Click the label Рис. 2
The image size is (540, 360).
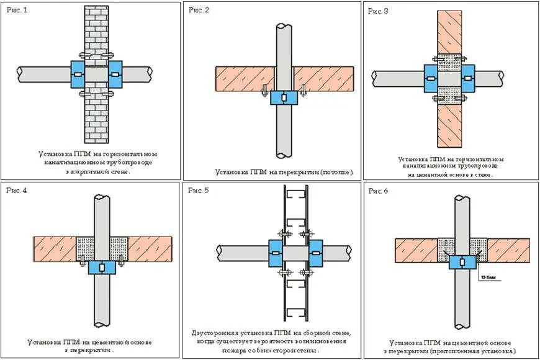point(199,10)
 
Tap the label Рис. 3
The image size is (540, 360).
point(379,12)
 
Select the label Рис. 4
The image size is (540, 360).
point(17,191)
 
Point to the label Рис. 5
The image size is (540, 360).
point(199,190)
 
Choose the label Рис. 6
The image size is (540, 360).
point(379,191)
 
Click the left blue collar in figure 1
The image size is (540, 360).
point(78,74)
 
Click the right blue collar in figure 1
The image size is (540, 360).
point(115,74)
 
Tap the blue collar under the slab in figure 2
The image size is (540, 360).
point(283,97)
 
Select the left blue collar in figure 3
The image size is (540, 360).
point(431,78)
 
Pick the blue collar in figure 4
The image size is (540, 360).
point(102,267)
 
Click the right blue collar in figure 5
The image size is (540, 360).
point(315,253)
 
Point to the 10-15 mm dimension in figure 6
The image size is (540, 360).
point(488,277)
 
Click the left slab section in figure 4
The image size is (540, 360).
point(55,247)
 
